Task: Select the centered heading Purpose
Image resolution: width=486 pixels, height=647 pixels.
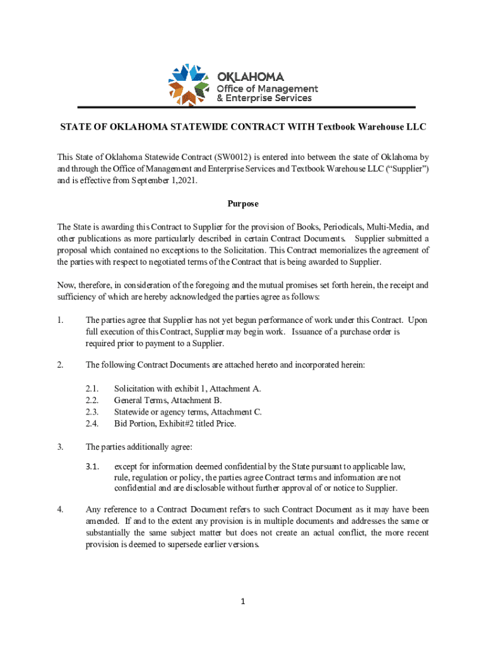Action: pos(243,204)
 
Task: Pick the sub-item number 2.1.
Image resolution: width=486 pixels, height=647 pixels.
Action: pos(92,389)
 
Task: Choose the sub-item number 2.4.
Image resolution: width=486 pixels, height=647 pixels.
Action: pos(92,423)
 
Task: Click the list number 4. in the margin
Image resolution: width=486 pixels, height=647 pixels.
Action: pos(60,509)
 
